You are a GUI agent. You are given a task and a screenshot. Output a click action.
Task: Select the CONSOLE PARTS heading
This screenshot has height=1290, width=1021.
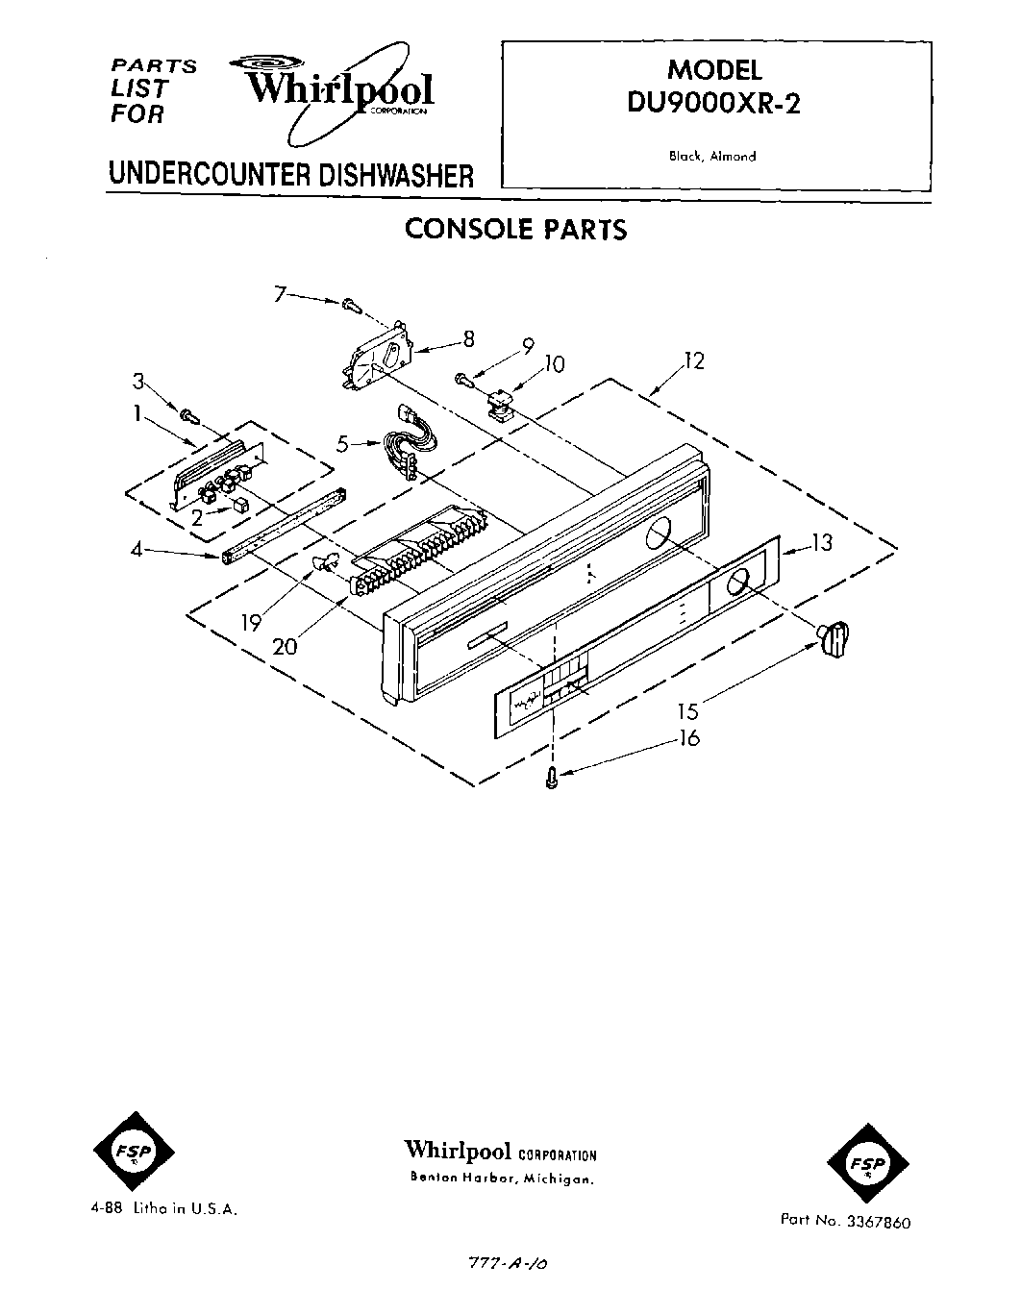(x=515, y=229)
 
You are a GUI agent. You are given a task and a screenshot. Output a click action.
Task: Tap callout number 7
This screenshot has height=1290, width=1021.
(x=280, y=294)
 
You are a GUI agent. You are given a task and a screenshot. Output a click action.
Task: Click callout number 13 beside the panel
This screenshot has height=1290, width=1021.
(x=821, y=543)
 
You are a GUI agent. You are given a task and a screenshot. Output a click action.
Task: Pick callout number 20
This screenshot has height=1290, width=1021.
(x=285, y=646)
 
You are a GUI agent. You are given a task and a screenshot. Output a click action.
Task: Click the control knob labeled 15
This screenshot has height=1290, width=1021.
(x=834, y=638)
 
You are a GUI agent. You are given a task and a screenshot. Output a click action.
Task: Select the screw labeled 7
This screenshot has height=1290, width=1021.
(x=351, y=305)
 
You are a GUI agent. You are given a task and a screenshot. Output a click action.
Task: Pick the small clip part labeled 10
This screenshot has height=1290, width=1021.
(x=498, y=407)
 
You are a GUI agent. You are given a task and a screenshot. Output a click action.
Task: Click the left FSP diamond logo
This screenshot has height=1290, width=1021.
(x=134, y=1152)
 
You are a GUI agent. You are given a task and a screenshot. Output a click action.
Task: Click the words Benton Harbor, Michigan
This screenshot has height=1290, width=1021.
(x=501, y=1178)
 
